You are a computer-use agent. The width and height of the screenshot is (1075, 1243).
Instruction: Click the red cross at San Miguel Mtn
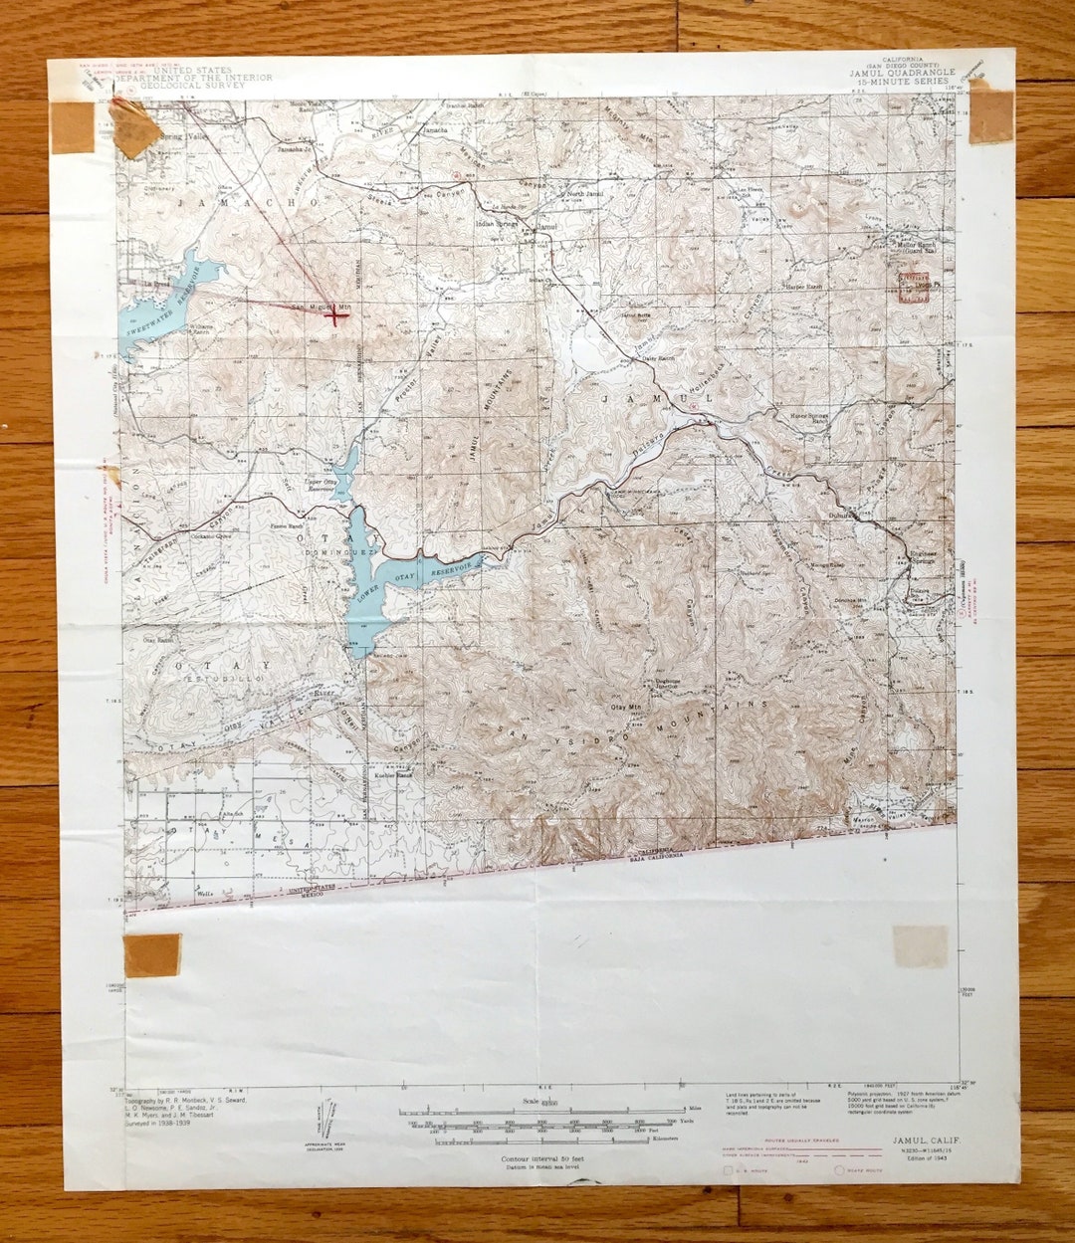335,316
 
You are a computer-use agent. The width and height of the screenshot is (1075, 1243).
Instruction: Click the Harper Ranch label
804,287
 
